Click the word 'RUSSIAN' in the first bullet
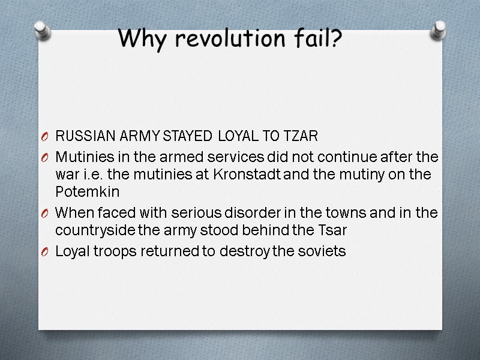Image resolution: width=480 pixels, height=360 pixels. point(79,136)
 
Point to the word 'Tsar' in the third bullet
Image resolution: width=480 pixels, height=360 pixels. point(334,230)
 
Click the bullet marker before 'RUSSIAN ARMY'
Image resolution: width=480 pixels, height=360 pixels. point(46,137)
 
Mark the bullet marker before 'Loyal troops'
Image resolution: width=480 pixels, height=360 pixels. point(46,252)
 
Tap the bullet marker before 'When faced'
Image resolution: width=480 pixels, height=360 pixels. point(46,214)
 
